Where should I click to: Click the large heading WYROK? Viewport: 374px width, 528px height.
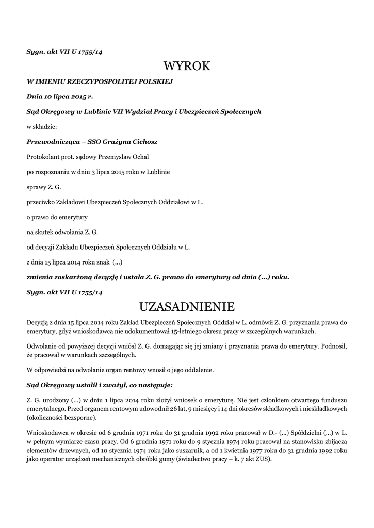(x=187, y=67)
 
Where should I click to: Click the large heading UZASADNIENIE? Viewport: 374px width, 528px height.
(x=187, y=307)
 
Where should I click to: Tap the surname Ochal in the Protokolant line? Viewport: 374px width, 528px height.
(x=139, y=156)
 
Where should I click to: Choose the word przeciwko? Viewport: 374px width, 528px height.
(x=42, y=202)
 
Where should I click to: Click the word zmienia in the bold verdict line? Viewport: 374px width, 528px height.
(x=42, y=277)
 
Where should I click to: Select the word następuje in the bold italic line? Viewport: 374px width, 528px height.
(x=152, y=385)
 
